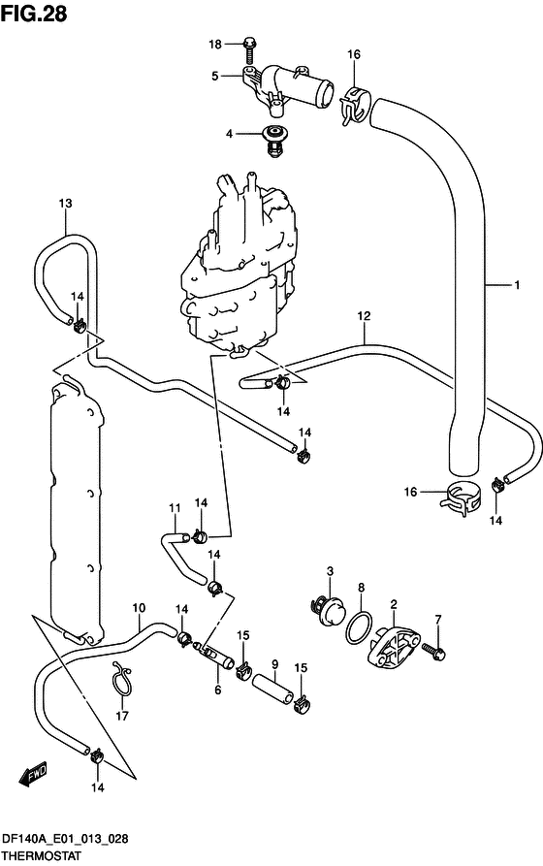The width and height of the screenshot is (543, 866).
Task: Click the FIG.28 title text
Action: [x=34, y=14]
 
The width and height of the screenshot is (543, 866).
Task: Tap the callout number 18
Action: [x=215, y=45]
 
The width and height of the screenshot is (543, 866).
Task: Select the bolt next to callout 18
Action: [x=249, y=49]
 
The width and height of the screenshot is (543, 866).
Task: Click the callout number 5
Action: [x=215, y=77]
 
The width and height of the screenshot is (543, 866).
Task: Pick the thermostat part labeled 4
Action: [x=271, y=141]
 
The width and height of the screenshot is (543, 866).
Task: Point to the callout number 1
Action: [x=517, y=285]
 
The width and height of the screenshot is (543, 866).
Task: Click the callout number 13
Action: [x=65, y=204]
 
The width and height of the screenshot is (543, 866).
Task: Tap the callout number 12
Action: [x=364, y=316]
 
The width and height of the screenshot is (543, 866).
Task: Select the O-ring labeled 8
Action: [x=359, y=627]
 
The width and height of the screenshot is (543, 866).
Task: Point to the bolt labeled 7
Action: [x=434, y=650]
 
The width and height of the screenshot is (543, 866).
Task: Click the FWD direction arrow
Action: [x=33, y=774]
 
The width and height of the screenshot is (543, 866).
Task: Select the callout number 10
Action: [x=139, y=608]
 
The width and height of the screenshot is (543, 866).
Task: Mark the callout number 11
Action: [x=176, y=507]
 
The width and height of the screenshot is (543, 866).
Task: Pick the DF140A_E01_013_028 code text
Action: [x=65, y=839]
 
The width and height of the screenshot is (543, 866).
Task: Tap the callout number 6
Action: [x=217, y=690]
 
